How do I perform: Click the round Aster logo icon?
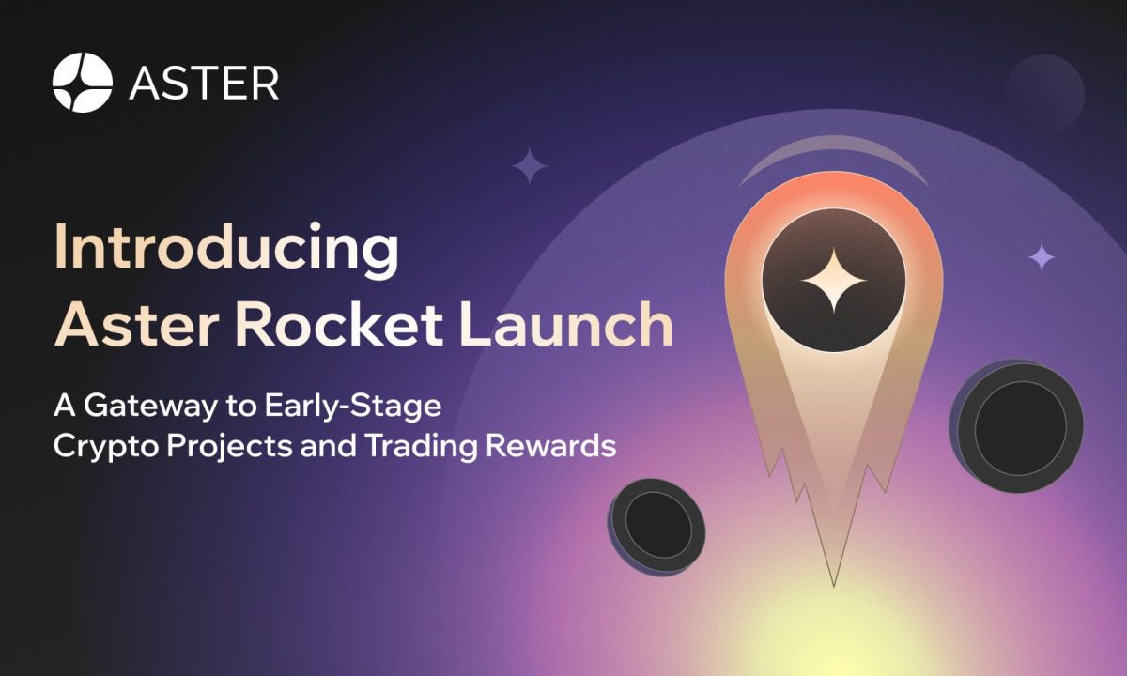click(83, 83)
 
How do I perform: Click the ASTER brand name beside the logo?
click(204, 83)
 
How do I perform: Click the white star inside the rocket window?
click(833, 281)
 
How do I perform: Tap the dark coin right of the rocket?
click(1017, 426)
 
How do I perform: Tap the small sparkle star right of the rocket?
click(1041, 256)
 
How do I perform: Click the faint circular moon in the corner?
click(1044, 93)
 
